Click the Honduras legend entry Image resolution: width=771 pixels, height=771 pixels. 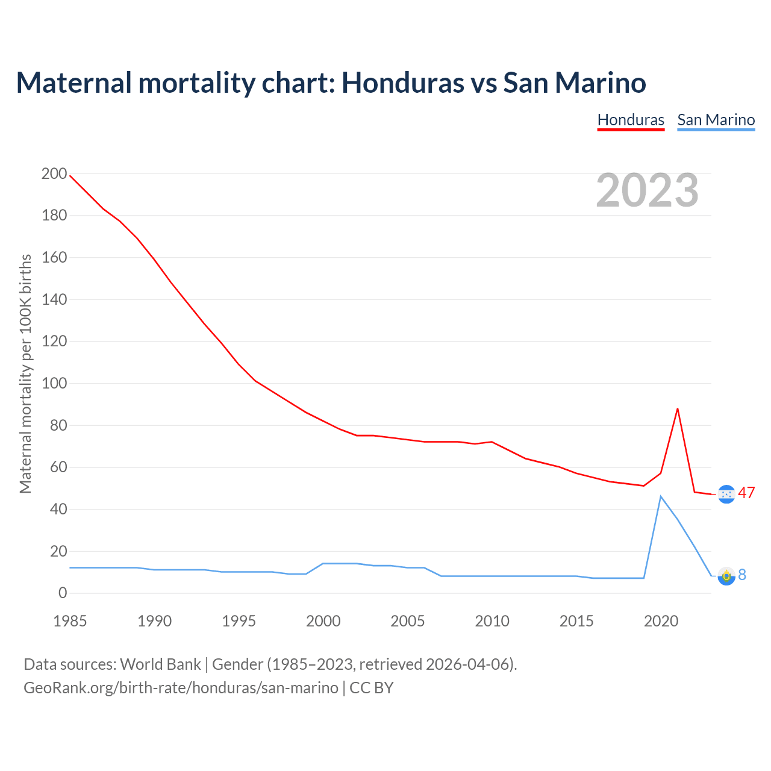(631, 120)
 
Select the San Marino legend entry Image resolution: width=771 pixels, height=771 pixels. (716, 120)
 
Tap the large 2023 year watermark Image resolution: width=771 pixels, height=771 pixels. (647, 190)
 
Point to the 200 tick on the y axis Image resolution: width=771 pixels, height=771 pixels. (54, 173)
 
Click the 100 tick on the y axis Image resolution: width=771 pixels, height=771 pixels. (54, 383)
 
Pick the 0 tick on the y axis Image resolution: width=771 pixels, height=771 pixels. (63, 593)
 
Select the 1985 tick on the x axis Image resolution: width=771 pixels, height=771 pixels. (70, 621)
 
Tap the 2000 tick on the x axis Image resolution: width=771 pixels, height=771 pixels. (323, 621)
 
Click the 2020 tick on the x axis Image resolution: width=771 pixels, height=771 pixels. (661, 621)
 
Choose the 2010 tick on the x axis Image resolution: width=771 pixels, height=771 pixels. (492, 621)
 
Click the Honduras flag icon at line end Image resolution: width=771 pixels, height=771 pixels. (726, 494)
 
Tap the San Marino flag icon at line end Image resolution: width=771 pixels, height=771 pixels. (726, 576)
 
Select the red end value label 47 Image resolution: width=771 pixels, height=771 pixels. (746, 493)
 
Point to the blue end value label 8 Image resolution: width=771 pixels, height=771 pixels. (742, 575)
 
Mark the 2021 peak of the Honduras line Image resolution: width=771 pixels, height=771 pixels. (678, 409)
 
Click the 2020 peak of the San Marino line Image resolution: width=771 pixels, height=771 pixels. (661, 496)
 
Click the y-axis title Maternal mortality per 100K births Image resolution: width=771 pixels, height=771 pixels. (25, 373)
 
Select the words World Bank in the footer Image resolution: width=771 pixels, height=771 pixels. (160, 664)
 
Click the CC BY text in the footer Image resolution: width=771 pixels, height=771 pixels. (371, 688)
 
